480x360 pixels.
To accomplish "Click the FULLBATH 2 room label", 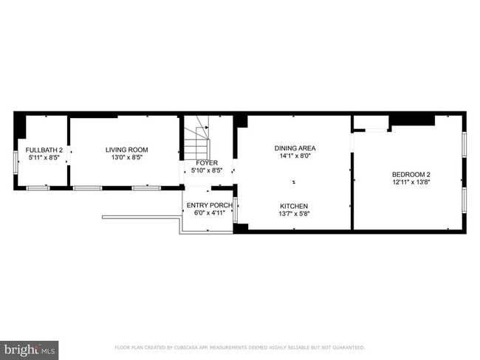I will (x=42, y=150).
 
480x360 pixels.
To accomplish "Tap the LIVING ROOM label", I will (x=126, y=150).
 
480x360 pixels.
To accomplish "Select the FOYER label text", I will (x=207, y=163).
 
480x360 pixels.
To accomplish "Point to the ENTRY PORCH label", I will (x=209, y=205).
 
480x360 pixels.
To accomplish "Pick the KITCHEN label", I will (x=294, y=206).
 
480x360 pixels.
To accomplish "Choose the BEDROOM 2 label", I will (x=411, y=174).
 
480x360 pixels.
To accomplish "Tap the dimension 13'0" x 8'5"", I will (x=126, y=157).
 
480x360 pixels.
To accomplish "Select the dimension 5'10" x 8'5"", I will (x=207, y=170).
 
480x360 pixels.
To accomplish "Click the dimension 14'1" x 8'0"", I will (x=294, y=156).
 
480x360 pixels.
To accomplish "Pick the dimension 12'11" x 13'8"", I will (x=411, y=182).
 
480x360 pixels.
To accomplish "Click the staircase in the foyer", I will (x=198, y=137).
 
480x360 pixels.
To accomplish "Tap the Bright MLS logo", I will (x=30, y=349).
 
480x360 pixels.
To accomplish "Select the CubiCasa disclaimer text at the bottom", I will (x=240, y=347).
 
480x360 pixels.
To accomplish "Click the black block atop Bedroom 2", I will (x=412, y=120).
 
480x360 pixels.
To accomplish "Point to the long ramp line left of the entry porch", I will (x=141, y=217).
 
